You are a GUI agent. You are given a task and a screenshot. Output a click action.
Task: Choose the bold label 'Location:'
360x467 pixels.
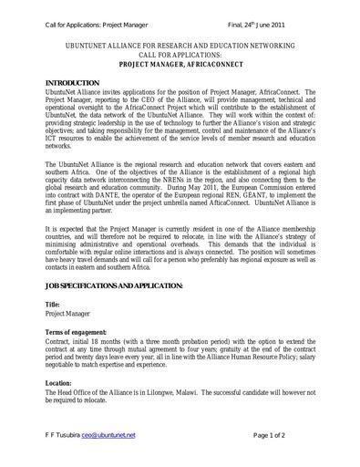coord(59,382)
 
